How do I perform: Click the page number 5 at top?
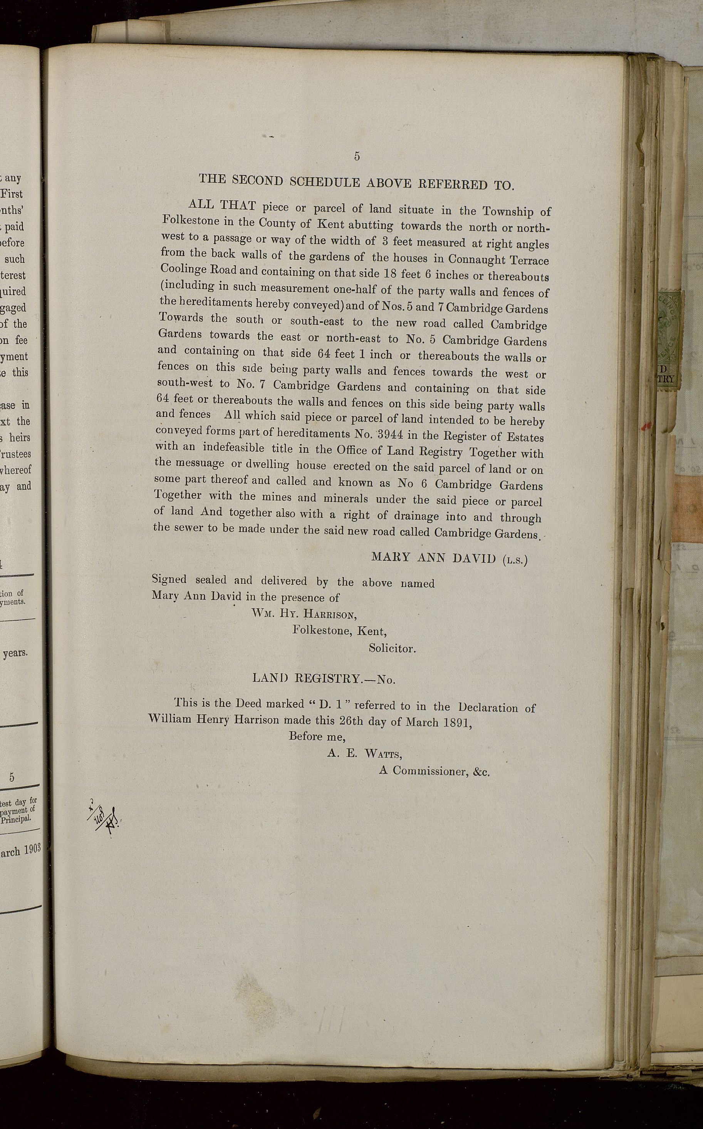[357, 157]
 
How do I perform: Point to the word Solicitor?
[392, 648]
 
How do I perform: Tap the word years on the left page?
[15, 653]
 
